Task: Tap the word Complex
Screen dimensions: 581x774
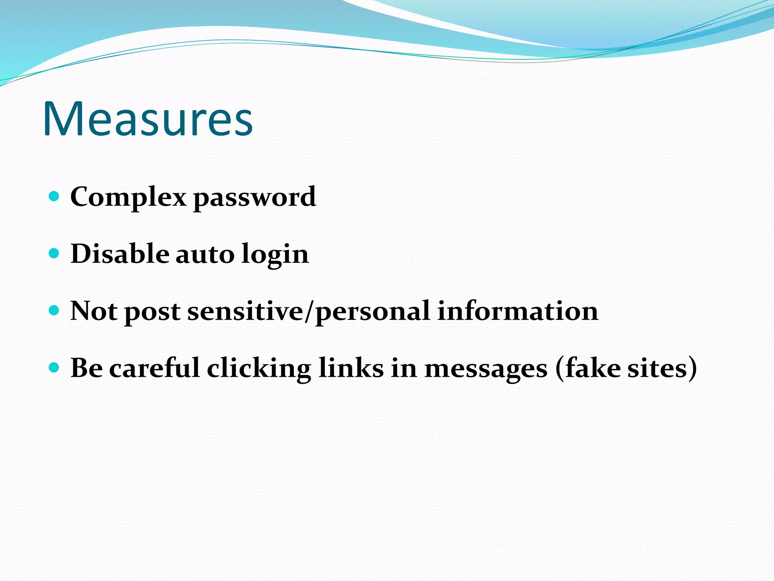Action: coord(128,197)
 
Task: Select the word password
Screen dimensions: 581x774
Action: coord(254,197)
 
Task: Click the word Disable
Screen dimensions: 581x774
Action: coord(120,254)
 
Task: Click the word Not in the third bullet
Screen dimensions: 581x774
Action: coord(94,311)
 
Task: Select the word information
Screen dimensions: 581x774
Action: coord(517,311)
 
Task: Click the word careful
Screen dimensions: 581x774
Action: coord(154,368)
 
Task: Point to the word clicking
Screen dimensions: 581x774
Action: coord(259,368)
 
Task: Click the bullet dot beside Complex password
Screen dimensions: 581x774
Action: coord(54,196)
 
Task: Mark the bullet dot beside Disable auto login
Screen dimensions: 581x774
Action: coord(54,253)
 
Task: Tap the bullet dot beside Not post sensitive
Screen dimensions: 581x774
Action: coord(54,310)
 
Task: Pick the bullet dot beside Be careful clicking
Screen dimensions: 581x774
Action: coord(54,367)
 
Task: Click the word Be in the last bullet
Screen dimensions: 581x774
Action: coord(87,368)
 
